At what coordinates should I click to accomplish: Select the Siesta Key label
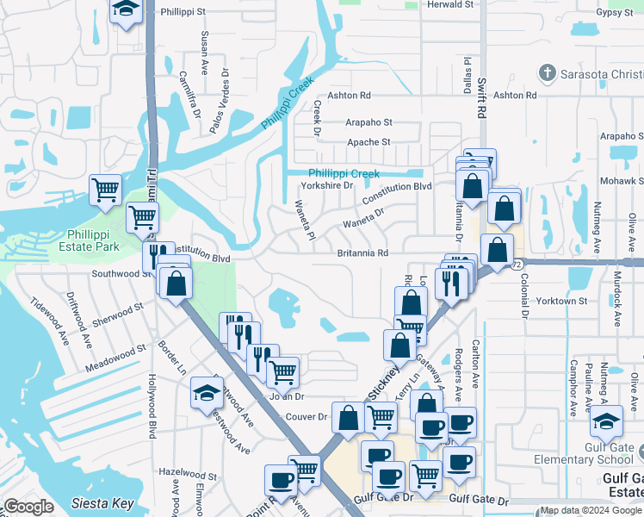click(102, 503)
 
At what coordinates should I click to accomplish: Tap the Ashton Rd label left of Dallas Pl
click(347, 96)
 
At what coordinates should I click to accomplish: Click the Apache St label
click(368, 142)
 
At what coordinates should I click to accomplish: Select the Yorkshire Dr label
click(326, 185)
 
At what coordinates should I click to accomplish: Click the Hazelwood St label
click(189, 475)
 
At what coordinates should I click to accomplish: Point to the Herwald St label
click(450, 4)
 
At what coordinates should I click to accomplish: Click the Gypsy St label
click(614, 13)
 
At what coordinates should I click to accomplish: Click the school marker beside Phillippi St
click(127, 10)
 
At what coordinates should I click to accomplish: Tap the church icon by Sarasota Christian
click(545, 72)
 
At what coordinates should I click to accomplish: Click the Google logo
click(28, 507)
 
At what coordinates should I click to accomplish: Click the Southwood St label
click(121, 274)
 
